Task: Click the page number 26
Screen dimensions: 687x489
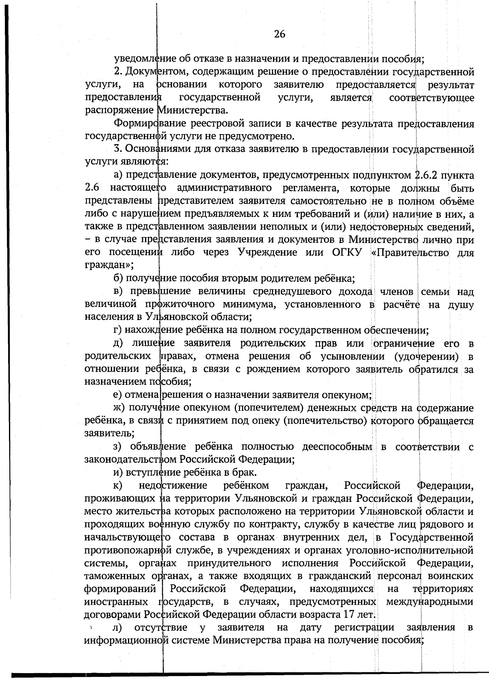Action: click(x=280, y=34)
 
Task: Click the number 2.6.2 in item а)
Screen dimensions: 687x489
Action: click(x=427, y=175)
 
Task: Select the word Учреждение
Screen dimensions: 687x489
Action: click(x=267, y=252)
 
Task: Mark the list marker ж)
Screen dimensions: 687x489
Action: click(x=120, y=408)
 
